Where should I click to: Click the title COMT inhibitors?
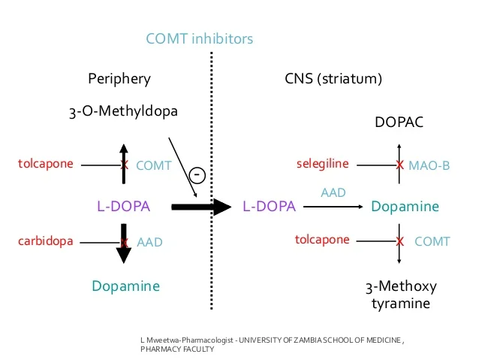coord(199,38)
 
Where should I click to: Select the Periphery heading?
coord(119,78)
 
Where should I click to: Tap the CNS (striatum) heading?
coord(333,78)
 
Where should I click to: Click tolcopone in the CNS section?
coord(322,240)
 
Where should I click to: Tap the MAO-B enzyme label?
coord(429,165)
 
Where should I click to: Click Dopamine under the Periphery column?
coord(125,286)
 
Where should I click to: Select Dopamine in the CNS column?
coord(405,206)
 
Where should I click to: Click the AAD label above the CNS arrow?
coord(333,192)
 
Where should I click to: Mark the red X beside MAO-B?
coord(399,165)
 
